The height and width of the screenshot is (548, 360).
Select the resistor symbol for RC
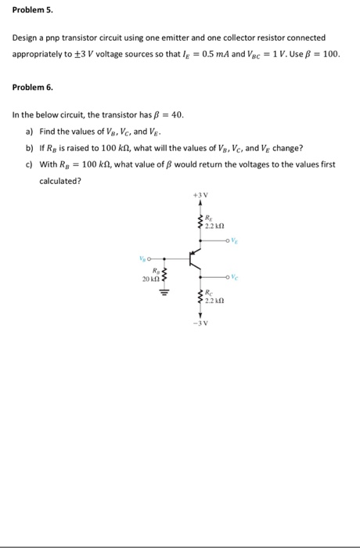[201, 297]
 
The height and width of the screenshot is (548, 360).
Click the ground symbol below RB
[163, 296]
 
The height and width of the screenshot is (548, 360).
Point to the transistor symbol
[195, 256]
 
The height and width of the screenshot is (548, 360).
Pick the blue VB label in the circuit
[142, 256]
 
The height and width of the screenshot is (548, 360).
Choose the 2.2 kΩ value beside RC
[216, 301]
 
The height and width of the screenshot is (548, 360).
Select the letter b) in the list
[30, 147]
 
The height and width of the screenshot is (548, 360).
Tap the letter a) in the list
[30, 131]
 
